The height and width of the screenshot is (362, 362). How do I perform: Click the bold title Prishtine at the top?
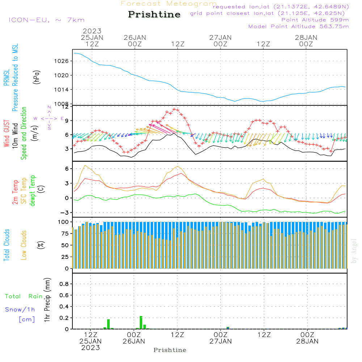coord(154,14)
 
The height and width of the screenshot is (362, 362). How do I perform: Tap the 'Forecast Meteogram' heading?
coord(169,4)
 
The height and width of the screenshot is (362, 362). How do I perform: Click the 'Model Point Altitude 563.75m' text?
coord(298,26)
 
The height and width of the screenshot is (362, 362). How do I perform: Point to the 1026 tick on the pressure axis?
coord(62,61)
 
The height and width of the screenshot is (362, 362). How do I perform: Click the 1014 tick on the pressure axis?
coord(62,90)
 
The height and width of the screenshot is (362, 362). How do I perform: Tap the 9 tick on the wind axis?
coord(66,121)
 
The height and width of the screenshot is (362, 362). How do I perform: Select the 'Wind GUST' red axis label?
coord(6,134)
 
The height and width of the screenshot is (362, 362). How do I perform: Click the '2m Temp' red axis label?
coord(15,190)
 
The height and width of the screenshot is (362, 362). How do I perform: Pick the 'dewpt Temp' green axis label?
coord(33,190)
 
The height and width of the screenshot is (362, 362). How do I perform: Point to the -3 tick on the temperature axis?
coord(64,212)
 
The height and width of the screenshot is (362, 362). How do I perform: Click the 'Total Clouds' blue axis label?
coord(6,245)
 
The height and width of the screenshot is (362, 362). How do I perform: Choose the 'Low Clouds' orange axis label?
coord(24,245)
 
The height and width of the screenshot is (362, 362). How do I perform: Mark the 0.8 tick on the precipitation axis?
coord(64,284)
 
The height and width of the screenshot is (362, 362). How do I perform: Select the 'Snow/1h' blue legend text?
coord(20,310)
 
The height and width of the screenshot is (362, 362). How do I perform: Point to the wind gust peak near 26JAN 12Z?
coord(175,109)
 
